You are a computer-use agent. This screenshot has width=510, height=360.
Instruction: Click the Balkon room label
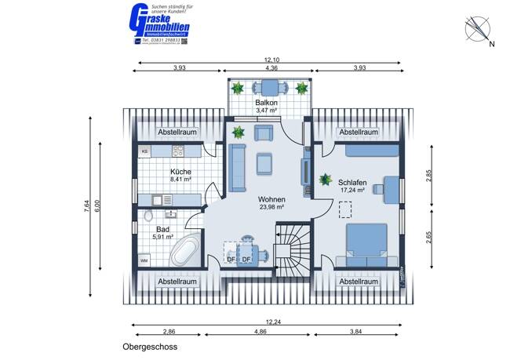(267, 103)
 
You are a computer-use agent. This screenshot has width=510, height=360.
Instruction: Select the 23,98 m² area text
(271, 207)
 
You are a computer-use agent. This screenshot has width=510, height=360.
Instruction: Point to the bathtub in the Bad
(186, 251)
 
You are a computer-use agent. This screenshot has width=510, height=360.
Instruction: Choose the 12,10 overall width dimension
(271, 60)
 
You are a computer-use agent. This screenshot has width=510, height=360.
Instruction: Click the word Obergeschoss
(151, 346)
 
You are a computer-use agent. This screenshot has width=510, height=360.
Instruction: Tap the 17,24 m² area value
(355, 189)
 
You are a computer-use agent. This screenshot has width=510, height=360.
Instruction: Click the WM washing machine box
(144, 259)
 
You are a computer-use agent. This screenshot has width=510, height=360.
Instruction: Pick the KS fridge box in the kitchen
(144, 151)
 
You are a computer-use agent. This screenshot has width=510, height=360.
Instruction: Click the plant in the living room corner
(238, 133)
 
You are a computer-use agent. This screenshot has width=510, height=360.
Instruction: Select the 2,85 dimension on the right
(429, 176)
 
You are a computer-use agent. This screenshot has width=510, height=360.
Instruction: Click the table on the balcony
(271, 89)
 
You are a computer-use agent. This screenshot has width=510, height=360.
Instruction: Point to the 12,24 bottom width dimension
(271, 321)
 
